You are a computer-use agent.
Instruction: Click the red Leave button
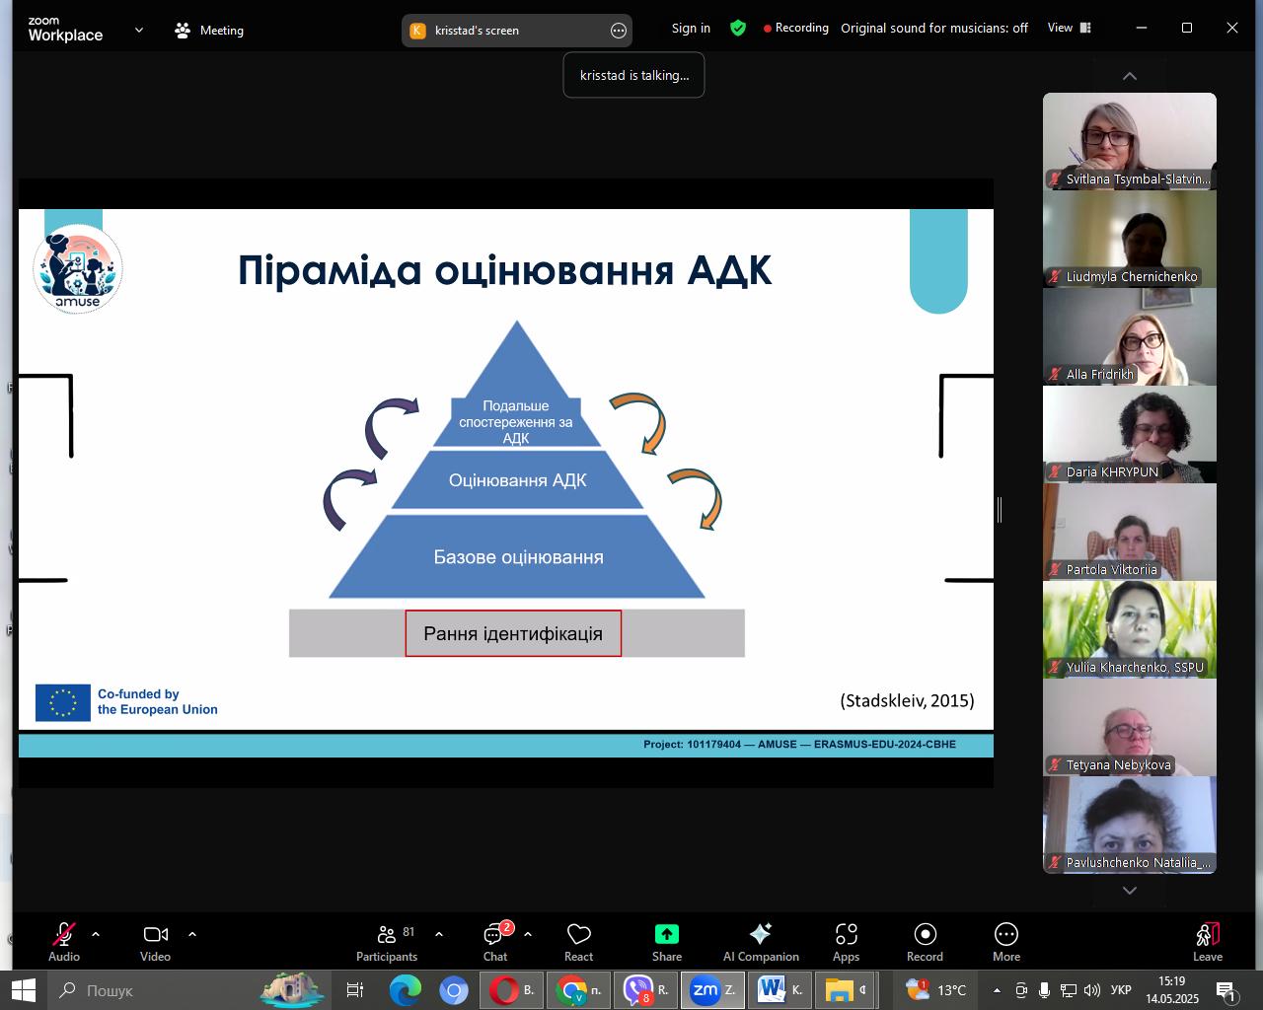(x=1207, y=941)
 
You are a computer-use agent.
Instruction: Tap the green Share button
(x=667, y=941)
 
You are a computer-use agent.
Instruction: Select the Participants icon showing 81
(x=387, y=941)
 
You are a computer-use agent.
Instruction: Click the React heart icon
(x=578, y=934)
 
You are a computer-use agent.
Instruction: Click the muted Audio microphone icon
(x=63, y=934)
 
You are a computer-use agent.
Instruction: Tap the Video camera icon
(x=156, y=934)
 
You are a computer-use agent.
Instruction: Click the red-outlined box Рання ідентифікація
(x=513, y=633)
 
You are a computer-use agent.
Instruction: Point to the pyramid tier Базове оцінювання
(x=517, y=556)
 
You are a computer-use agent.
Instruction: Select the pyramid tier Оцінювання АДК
(x=517, y=479)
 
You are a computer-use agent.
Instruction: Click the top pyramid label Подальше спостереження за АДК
(x=516, y=421)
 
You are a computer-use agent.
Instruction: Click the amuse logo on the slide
(x=78, y=269)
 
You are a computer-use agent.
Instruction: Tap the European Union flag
(x=63, y=702)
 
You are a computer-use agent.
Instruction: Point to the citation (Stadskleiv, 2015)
(x=907, y=700)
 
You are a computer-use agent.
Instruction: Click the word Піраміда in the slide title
(x=330, y=270)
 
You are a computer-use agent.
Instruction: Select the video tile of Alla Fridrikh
(x=1129, y=337)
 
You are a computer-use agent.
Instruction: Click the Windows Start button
(x=24, y=990)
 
